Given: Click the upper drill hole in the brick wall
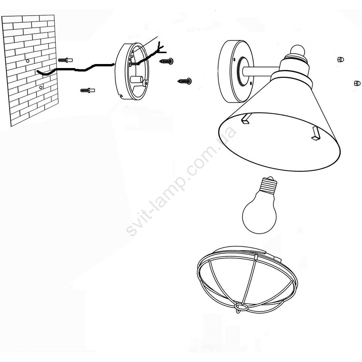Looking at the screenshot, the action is pos(28,61).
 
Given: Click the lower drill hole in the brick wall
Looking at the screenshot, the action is pos(41,87).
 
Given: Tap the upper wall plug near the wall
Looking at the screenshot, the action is pos(65,60).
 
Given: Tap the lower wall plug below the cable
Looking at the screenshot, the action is pos(88,90).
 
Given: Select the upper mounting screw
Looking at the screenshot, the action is pos(167,61).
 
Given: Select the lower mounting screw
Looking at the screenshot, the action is pos(185,81).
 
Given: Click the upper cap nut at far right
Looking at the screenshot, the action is pos(341,59).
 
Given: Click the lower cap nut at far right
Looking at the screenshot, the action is pos(357,83).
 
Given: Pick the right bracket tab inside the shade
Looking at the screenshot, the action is pos(316,134).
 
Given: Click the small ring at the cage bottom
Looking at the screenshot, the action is pos(241,307).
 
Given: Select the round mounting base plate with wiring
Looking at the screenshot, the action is pos(132,71).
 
